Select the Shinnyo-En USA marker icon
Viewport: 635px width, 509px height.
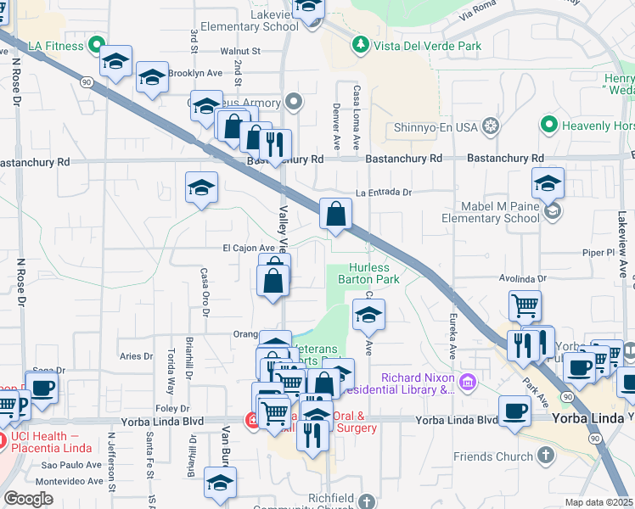click(490, 127)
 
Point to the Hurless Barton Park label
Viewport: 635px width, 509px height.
click(368, 272)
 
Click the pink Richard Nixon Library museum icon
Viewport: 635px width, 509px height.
click(466, 383)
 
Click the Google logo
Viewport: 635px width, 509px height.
click(28, 498)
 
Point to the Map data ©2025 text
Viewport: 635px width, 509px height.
click(599, 502)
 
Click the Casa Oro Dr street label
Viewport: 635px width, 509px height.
click(205, 293)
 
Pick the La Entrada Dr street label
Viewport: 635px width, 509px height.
click(383, 193)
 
